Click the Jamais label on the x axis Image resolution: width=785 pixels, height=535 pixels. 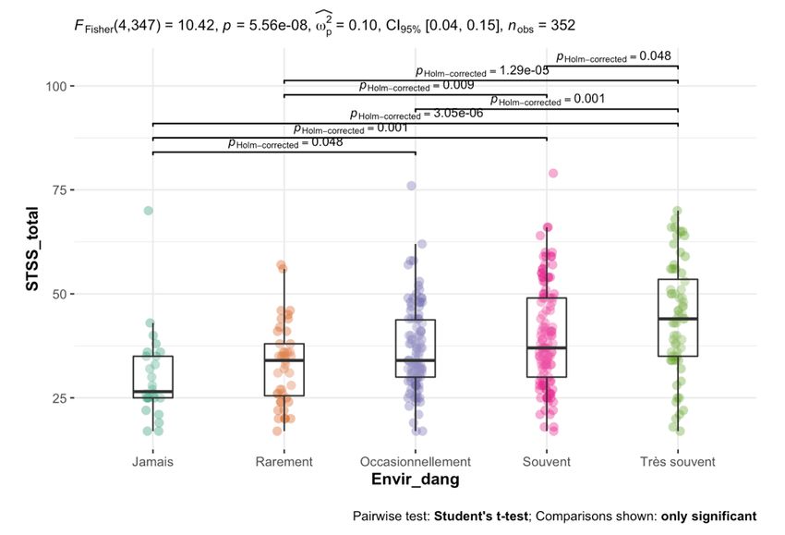tap(152, 460)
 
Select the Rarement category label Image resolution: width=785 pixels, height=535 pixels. tap(284, 460)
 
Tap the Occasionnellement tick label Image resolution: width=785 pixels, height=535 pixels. tap(416, 460)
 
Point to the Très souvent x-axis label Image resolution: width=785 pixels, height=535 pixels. tap(678, 460)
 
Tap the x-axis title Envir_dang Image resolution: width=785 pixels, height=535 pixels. tap(415, 480)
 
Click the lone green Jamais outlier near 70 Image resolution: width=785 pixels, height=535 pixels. tap(148, 211)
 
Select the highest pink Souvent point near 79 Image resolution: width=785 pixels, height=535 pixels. tap(553, 173)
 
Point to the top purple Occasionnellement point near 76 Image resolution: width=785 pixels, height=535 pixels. tap(412, 186)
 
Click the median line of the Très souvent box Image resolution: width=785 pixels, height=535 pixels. tap(678, 319)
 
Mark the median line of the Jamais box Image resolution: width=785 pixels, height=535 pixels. tap(152, 392)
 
